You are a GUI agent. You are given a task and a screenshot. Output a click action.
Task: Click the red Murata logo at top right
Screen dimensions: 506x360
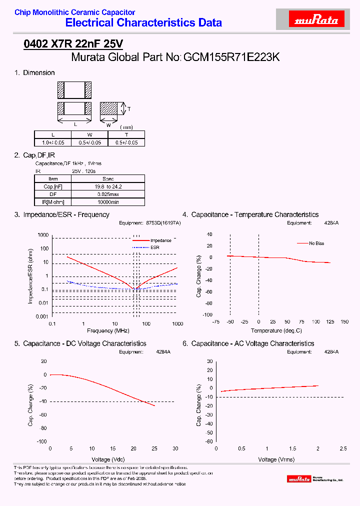pos(316,20)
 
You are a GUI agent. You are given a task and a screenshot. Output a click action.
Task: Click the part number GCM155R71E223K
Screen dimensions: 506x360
pos(231,57)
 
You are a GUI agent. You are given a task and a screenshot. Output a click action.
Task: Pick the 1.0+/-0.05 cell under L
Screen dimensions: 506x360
pos(53,142)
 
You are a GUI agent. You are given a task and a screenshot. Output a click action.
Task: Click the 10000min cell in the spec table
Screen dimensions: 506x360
pos(108,201)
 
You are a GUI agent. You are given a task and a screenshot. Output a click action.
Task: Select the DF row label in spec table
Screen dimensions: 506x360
pos(53,194)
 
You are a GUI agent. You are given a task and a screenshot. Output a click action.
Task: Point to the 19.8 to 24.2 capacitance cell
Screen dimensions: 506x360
pos(108,186)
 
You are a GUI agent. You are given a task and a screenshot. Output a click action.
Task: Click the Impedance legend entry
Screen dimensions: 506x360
pos(160,240)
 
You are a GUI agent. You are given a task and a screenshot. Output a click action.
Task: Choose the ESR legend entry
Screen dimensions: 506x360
pos(155,247)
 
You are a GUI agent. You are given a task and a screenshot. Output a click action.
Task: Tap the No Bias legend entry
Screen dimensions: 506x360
pos(316,243)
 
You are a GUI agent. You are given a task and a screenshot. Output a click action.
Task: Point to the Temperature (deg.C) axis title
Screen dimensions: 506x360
pos(276,331)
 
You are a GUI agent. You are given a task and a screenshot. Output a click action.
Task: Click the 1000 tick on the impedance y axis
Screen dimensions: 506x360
pos(43,235)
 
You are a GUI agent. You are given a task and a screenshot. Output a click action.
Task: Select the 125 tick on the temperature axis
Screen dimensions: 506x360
pos(330,321)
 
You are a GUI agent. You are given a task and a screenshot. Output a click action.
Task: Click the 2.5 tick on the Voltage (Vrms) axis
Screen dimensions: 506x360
pos(343,448)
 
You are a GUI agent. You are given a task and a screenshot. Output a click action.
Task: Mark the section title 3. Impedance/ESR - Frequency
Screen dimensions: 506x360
pos(62,214)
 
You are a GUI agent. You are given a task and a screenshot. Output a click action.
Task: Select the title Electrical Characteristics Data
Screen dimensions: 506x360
pos(144,22)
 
